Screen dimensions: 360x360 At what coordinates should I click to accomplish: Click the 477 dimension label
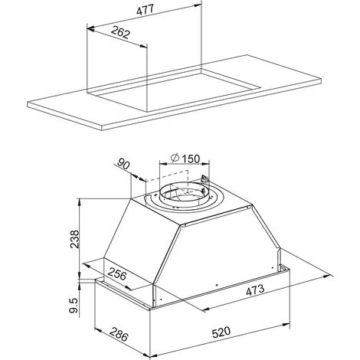coord(145,10)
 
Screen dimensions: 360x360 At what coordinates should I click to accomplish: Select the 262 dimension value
coord(120,32)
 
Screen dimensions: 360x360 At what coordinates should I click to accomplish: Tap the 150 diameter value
coord(191,159)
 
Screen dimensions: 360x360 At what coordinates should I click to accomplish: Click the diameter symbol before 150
coord(175,158)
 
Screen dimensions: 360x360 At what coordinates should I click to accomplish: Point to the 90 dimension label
coord(123,164)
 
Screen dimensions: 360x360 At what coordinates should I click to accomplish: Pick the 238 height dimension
coord(75,239)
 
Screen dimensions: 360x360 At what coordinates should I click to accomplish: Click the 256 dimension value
coord(117,274)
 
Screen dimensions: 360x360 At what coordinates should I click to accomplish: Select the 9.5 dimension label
coord(74,306)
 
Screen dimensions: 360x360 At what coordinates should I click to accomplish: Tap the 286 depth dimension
coord(119,335)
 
